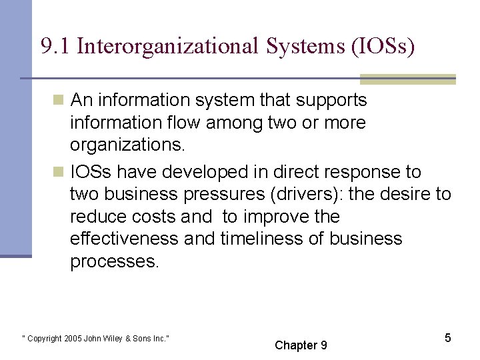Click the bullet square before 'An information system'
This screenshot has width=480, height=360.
pos(59,101)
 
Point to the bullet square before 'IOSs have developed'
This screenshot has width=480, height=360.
pos(59,172)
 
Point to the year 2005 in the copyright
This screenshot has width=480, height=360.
pos(73,339)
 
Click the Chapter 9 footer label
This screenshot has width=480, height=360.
pos(301,345)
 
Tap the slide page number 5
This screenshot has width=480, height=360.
pos(448,338)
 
